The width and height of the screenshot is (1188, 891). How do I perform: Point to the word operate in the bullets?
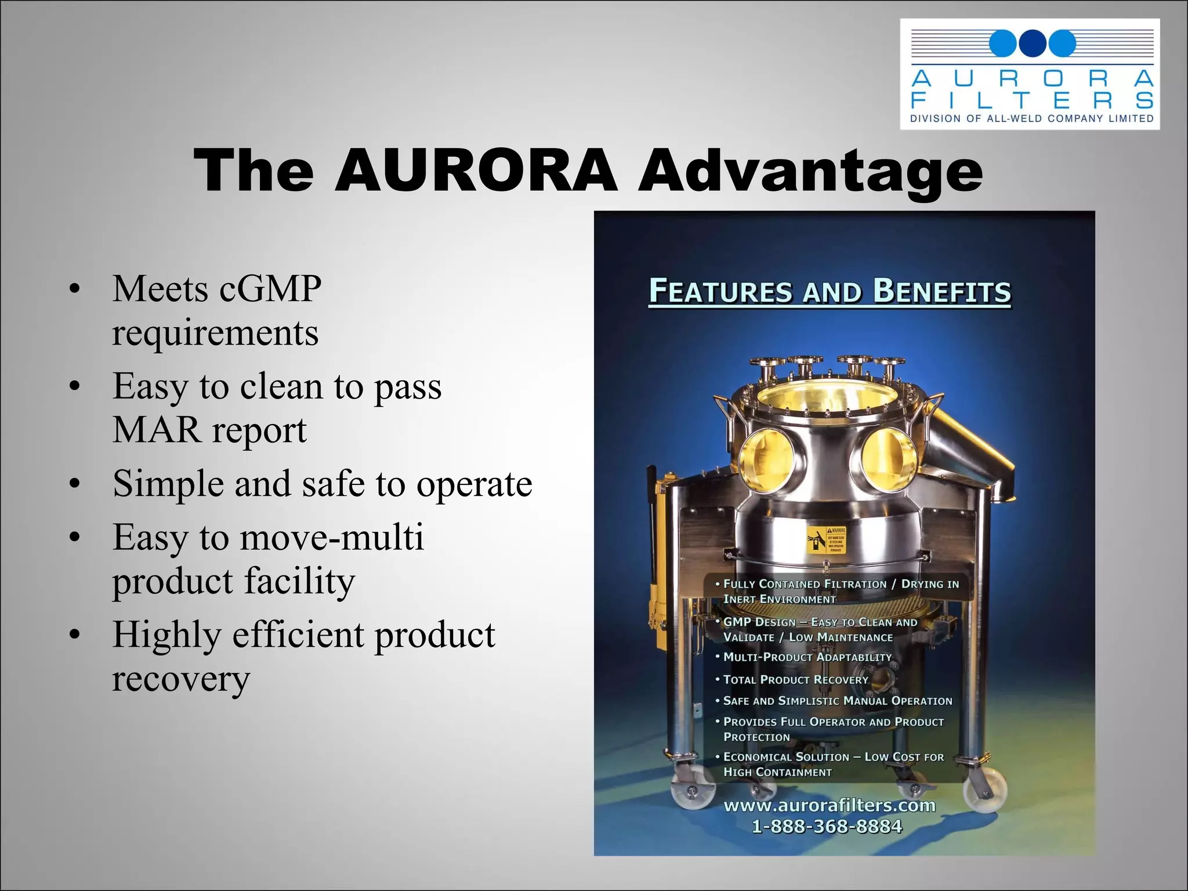point(474,483)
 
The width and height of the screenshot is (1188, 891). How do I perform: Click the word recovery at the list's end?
point(181,678)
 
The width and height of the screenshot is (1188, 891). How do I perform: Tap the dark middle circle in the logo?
point(1032,44)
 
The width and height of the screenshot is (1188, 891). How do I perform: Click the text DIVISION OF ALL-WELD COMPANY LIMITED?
point(1032,119)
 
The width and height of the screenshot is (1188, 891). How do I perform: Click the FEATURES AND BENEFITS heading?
point(830,291)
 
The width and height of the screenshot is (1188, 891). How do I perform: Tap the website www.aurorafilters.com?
point(830,805)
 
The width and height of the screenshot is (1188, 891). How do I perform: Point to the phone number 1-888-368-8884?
point(827,826)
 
